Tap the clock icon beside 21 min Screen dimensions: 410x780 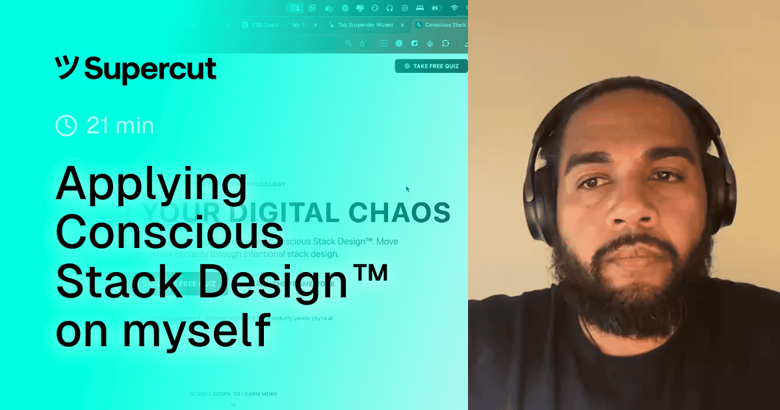pos(66,125)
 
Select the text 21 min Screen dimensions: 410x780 pos(120,125)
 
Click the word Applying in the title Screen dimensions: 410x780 pos(151,184)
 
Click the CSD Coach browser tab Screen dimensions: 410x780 pos(270,25)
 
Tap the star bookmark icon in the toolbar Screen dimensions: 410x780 pos(362,44)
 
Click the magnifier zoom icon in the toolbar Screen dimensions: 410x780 pos(348,44)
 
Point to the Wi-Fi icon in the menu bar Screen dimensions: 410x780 pos(454,8)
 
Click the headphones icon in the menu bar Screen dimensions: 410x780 pos(389,8)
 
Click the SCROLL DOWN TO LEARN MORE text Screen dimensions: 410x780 pos(233,394)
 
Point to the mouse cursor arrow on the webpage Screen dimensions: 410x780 pos(408,189)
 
